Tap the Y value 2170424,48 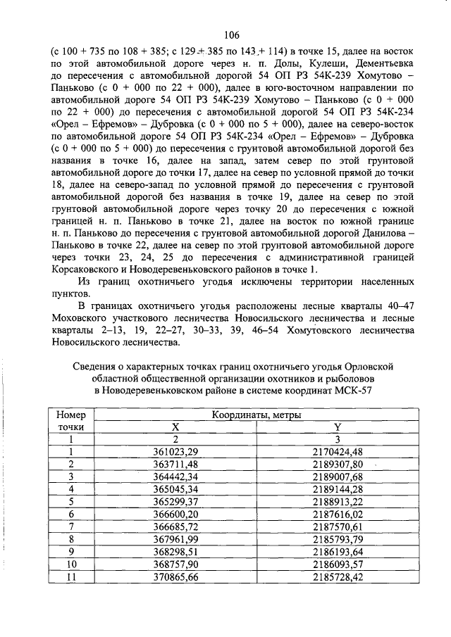pos(338,451)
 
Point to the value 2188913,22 pos(338,501)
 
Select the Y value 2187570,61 pos(338,526)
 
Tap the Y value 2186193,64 pos(338,552)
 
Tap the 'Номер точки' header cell pos(71,421)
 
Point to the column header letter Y pos(338,427)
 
